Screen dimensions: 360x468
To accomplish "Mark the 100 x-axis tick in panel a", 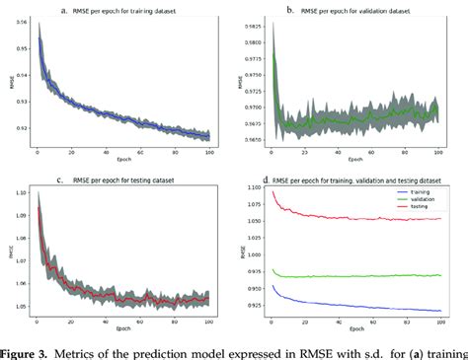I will [208, 151].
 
